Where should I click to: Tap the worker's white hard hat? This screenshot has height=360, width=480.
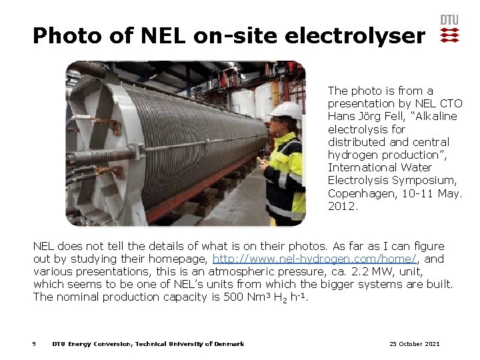click(x=287, y=109)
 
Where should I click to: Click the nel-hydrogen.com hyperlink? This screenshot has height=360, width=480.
click(x=315, y=259)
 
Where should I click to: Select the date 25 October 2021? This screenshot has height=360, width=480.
click(x=414, y=344)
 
